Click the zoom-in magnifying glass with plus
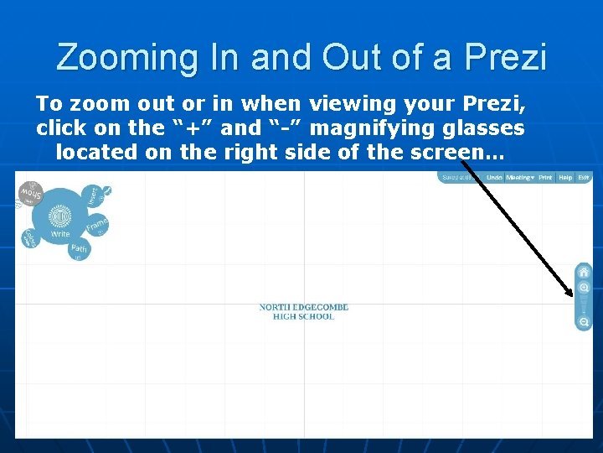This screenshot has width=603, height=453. [x=584, y=288]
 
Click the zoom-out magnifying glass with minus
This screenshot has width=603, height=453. [x=584, y=322]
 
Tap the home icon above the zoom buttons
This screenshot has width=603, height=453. [x=584, y=272]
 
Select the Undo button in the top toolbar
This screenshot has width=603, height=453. [x=494, y=178]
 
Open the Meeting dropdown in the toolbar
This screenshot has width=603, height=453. [x=519, y=178]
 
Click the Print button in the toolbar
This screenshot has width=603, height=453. [x=545, y=178]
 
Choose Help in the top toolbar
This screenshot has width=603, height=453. [x=566, y=178]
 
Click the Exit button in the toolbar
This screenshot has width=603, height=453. [x=584, y=178]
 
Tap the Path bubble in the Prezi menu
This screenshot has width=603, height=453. [x=79, y=250]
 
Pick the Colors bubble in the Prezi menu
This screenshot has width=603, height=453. [x=29, y=238]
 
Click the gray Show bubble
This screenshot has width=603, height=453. [x=30, y=195]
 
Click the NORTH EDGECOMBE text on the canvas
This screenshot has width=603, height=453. [x=303, y=307]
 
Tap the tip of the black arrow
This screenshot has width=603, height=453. [x=572, y=295]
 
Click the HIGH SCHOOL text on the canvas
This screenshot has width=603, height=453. [x=303, y=317]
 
